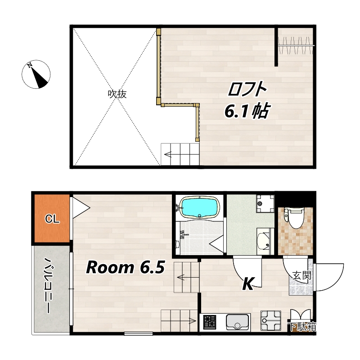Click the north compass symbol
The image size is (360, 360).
click(36, 74)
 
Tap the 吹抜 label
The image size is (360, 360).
click(117, 94)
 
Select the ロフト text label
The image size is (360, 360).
click(247, 89)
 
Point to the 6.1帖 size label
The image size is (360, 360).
click(246, 111)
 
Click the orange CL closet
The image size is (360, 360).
click(52, 218)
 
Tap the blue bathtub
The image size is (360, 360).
click(199, 207)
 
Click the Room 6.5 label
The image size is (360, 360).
click(126, 267)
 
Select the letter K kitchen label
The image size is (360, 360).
click(248, 284)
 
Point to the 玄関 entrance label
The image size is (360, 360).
click(301, 275)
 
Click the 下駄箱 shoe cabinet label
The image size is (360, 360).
click(302, 327)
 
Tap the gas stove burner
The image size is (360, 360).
click(210, 322)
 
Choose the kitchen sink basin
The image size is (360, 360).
click(237, 322)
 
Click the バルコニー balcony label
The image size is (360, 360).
click(49, 285)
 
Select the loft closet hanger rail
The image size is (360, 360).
click(296, 45)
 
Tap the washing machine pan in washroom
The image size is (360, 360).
click(265, 204)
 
